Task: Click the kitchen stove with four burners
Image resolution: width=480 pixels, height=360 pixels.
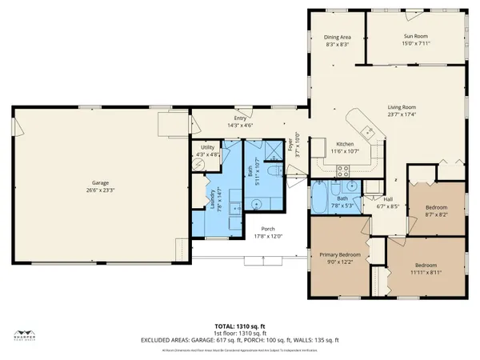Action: click(x=342, y=169)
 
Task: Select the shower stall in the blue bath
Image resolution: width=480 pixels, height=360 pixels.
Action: click(x=277, y=146)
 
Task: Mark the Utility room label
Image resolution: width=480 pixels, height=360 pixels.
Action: click(x=207, y=147)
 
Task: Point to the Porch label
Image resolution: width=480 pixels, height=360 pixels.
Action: click(x=246, y=229)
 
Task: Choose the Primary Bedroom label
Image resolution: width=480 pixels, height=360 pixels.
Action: click(x=340, y=254)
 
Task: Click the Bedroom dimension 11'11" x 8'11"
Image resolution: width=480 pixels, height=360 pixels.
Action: click(x=425, y=272)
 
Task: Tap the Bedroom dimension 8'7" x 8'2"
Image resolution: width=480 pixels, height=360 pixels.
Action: click(x=436, y=215)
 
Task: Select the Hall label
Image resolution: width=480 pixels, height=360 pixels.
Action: click(x=387, y=199)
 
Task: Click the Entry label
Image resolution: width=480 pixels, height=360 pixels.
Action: click(x=240, y=118)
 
